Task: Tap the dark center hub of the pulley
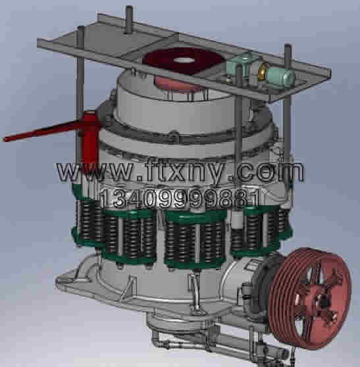coord(324,303)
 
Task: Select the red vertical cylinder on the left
coord(91,141)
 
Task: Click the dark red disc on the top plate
coord(183,61)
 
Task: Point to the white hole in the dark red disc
coord(184,60)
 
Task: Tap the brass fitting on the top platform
coord(262,71)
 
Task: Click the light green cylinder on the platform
coord(280,76)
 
